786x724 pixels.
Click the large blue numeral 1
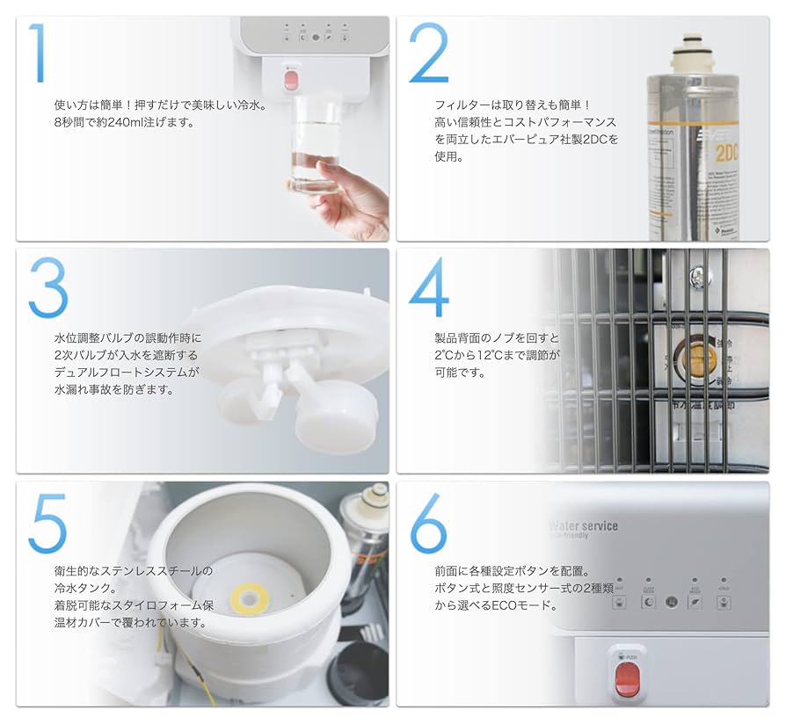[x=37, y=54]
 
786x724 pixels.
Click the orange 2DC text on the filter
[x=725, y=153]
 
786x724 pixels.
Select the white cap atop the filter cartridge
[x=690, y=52]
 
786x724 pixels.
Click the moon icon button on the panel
[x=648, y=603]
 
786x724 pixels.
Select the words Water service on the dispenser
[x=583, y=525]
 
